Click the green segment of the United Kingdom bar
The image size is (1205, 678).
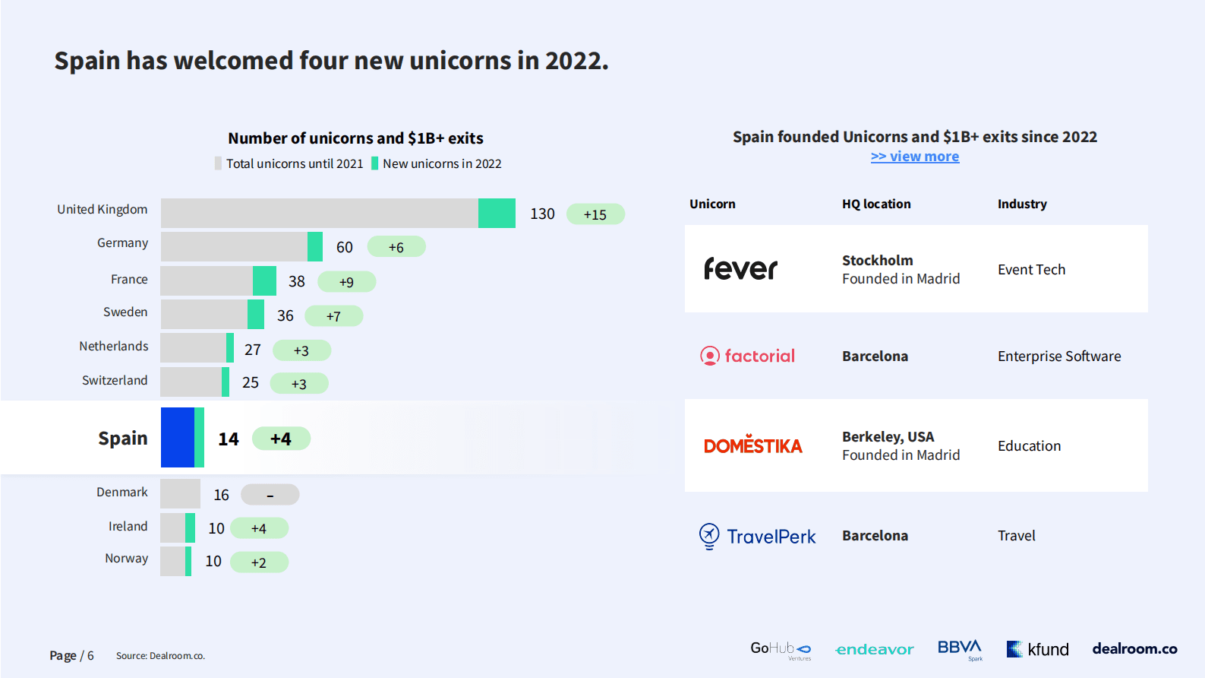point(497,214)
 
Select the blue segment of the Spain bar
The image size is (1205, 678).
point(178,437)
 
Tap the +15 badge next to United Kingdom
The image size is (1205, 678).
point(595,214)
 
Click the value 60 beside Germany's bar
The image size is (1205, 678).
point(345,247)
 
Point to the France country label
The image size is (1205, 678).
point(129,280)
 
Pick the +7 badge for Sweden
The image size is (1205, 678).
point(333,316)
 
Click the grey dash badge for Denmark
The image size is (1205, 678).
point(270,495)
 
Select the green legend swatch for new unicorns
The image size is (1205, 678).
point(374,163)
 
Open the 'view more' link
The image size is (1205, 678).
point(914,157)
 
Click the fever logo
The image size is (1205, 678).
point(740,269)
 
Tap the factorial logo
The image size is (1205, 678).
point(748,356)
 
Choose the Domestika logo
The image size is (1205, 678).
point(752,445)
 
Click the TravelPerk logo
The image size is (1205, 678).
point(757,536)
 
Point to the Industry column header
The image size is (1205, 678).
point(1022,204)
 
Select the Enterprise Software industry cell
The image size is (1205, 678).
point(1058,356)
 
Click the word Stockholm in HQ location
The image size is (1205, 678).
point(877,261)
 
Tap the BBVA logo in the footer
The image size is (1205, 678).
point(960,648)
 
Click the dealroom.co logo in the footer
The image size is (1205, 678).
point(1134,648)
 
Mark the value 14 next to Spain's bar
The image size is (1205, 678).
point(229,439)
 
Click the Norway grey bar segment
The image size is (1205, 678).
point(172,562)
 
